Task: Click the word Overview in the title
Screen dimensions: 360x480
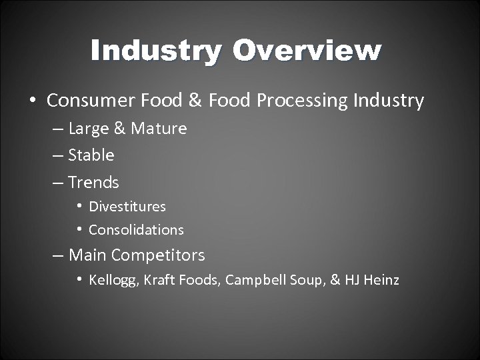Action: click(x=308, y=51)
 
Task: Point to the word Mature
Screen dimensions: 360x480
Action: click(x=159, y=129)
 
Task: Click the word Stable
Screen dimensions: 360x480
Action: click(x=91, y=155)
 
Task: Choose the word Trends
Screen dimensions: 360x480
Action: click(x=93, y=182)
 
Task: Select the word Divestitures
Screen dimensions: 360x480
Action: click(x=127, y=207)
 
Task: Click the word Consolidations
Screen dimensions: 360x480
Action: click(x=136, y=230)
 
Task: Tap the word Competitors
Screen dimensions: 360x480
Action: click(x=158, y=255)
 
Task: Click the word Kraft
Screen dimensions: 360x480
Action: click(x=159, y=280)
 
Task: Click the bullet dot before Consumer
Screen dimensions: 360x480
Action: click(x=33, y=101)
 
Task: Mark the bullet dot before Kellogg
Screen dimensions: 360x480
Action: click(x=79, y=279)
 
